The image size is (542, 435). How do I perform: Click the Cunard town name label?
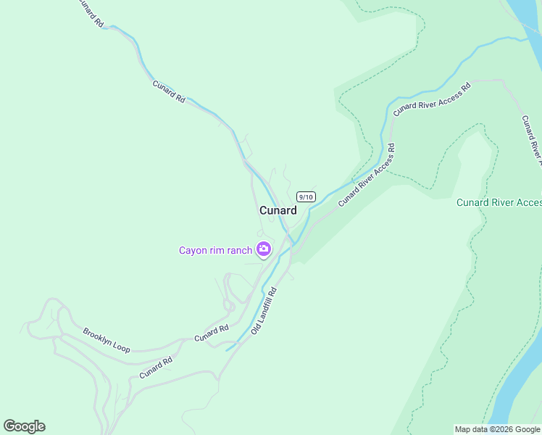pyautogui.click(x=278, y=210)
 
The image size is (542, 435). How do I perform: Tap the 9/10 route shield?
pyautogui.click(x=306, y=196)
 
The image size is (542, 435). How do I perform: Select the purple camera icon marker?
pyautogui.click(x=264, y=250)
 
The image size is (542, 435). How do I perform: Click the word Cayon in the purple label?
pyautogui.click(x=193, y=251)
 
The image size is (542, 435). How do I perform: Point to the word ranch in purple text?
pyautogui.click(x=239, y=251)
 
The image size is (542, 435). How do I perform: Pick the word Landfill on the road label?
pyautogui.click(x=266, y=308)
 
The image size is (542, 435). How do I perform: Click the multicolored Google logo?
pyautogui.click(x=24, y=426)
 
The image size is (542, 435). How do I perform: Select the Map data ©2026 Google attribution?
pyautogui.click(x=498, y=429)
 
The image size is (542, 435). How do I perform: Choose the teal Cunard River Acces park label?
pyautogui.click(x=499, y=202)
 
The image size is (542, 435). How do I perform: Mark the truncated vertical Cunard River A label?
pyautogui.click(x=531, y=136)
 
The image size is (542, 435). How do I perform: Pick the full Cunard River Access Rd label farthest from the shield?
pyautogui.click(x=432, y=99)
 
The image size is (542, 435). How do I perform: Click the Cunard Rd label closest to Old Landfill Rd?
pyautogui.click(x=211, y=333)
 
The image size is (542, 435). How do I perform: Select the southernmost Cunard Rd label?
pyautogui.click(x=156, y=368)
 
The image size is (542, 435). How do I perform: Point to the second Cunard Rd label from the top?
pyautogui.click(x=169, y=91)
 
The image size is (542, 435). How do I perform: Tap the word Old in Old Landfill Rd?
pyautogui.click(x=255, y=328)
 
